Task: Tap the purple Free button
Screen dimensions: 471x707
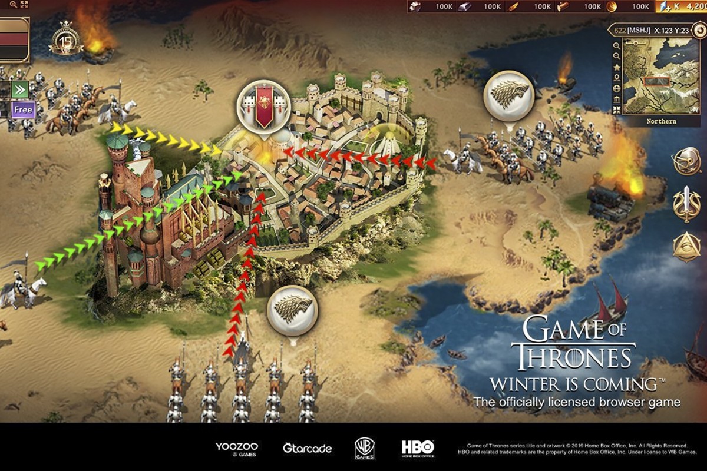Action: click(x=23, y=110)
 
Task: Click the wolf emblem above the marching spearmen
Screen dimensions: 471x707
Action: click(x=292, y=311)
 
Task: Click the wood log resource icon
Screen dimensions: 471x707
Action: click(x=563, y=6)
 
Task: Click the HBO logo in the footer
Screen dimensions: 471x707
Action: click(x=418, y=447)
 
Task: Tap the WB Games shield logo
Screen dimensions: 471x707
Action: click(x=365, y=448)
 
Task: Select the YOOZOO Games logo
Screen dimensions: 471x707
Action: click(x=237, y=448)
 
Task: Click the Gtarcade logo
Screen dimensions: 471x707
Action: click(x=307, y=448)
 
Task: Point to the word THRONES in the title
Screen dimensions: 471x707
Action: click(x=573, y=357)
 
